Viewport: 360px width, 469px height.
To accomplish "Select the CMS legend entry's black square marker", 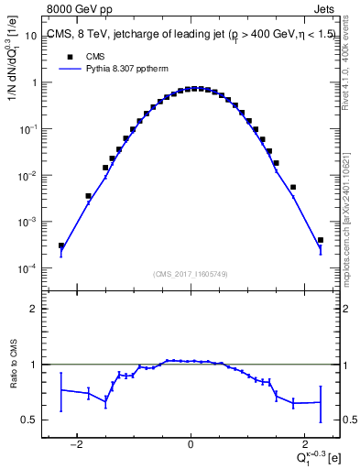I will (x=68, y=57).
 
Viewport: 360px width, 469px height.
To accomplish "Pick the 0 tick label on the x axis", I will (x=190, y=444).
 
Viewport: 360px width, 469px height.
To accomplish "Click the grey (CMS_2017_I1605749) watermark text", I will (x=190, y=274).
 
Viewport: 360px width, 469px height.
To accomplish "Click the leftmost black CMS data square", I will (x=61, y=245).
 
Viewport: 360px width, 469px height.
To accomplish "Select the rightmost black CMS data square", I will (x=320, y=240).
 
